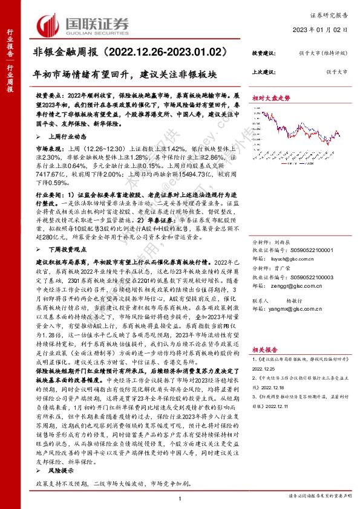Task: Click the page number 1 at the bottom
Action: coord(180,498)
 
